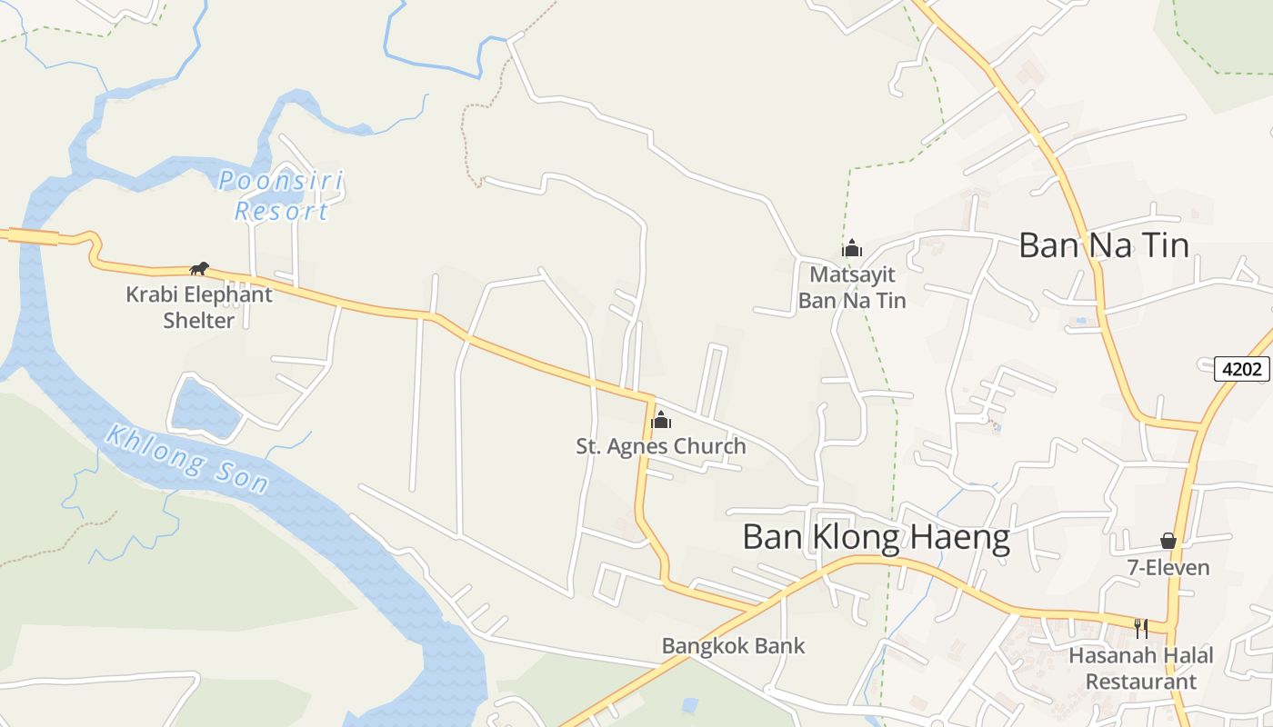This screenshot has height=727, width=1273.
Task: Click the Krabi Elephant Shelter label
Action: pos(199,307)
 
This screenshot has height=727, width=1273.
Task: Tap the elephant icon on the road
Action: pos(199,268)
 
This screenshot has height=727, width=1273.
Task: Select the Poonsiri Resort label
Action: pos(281,195)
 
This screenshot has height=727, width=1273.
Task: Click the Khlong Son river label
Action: pos(187,458)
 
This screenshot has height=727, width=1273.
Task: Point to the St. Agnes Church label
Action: pos(661,446)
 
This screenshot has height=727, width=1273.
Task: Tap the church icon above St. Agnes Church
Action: pos(661,420)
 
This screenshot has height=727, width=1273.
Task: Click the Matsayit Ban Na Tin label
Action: pos(852,287)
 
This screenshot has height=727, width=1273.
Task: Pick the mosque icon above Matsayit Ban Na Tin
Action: pos(852,247)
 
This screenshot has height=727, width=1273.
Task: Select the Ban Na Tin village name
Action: pos(1103,245)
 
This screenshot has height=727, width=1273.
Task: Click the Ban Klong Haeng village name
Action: pos(876,537)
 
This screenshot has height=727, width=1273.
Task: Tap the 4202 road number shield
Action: pos(1242,369)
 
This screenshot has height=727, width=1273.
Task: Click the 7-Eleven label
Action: pos(1168,568)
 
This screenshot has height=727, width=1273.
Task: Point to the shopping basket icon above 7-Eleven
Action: pos(1168,541)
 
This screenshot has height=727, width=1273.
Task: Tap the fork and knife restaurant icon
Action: pos(1141,627)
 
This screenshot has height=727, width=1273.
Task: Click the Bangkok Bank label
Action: pos(733,646)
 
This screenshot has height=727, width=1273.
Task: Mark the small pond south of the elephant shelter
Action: pos(205,407)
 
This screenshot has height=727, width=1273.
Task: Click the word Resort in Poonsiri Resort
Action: pos(281,212)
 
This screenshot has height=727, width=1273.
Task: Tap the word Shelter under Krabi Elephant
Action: pos(199,321)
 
